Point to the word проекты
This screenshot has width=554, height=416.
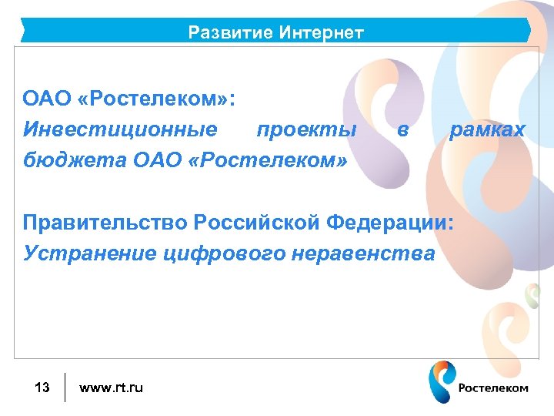point(306,130)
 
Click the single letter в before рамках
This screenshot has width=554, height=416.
point(402,130)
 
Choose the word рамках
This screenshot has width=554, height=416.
point(487,130)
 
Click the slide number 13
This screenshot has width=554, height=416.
point(42,387)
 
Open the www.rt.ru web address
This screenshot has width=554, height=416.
point(111,387)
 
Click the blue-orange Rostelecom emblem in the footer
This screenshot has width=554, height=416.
point(441,382)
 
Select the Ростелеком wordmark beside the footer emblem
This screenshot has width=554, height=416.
point(493,388)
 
